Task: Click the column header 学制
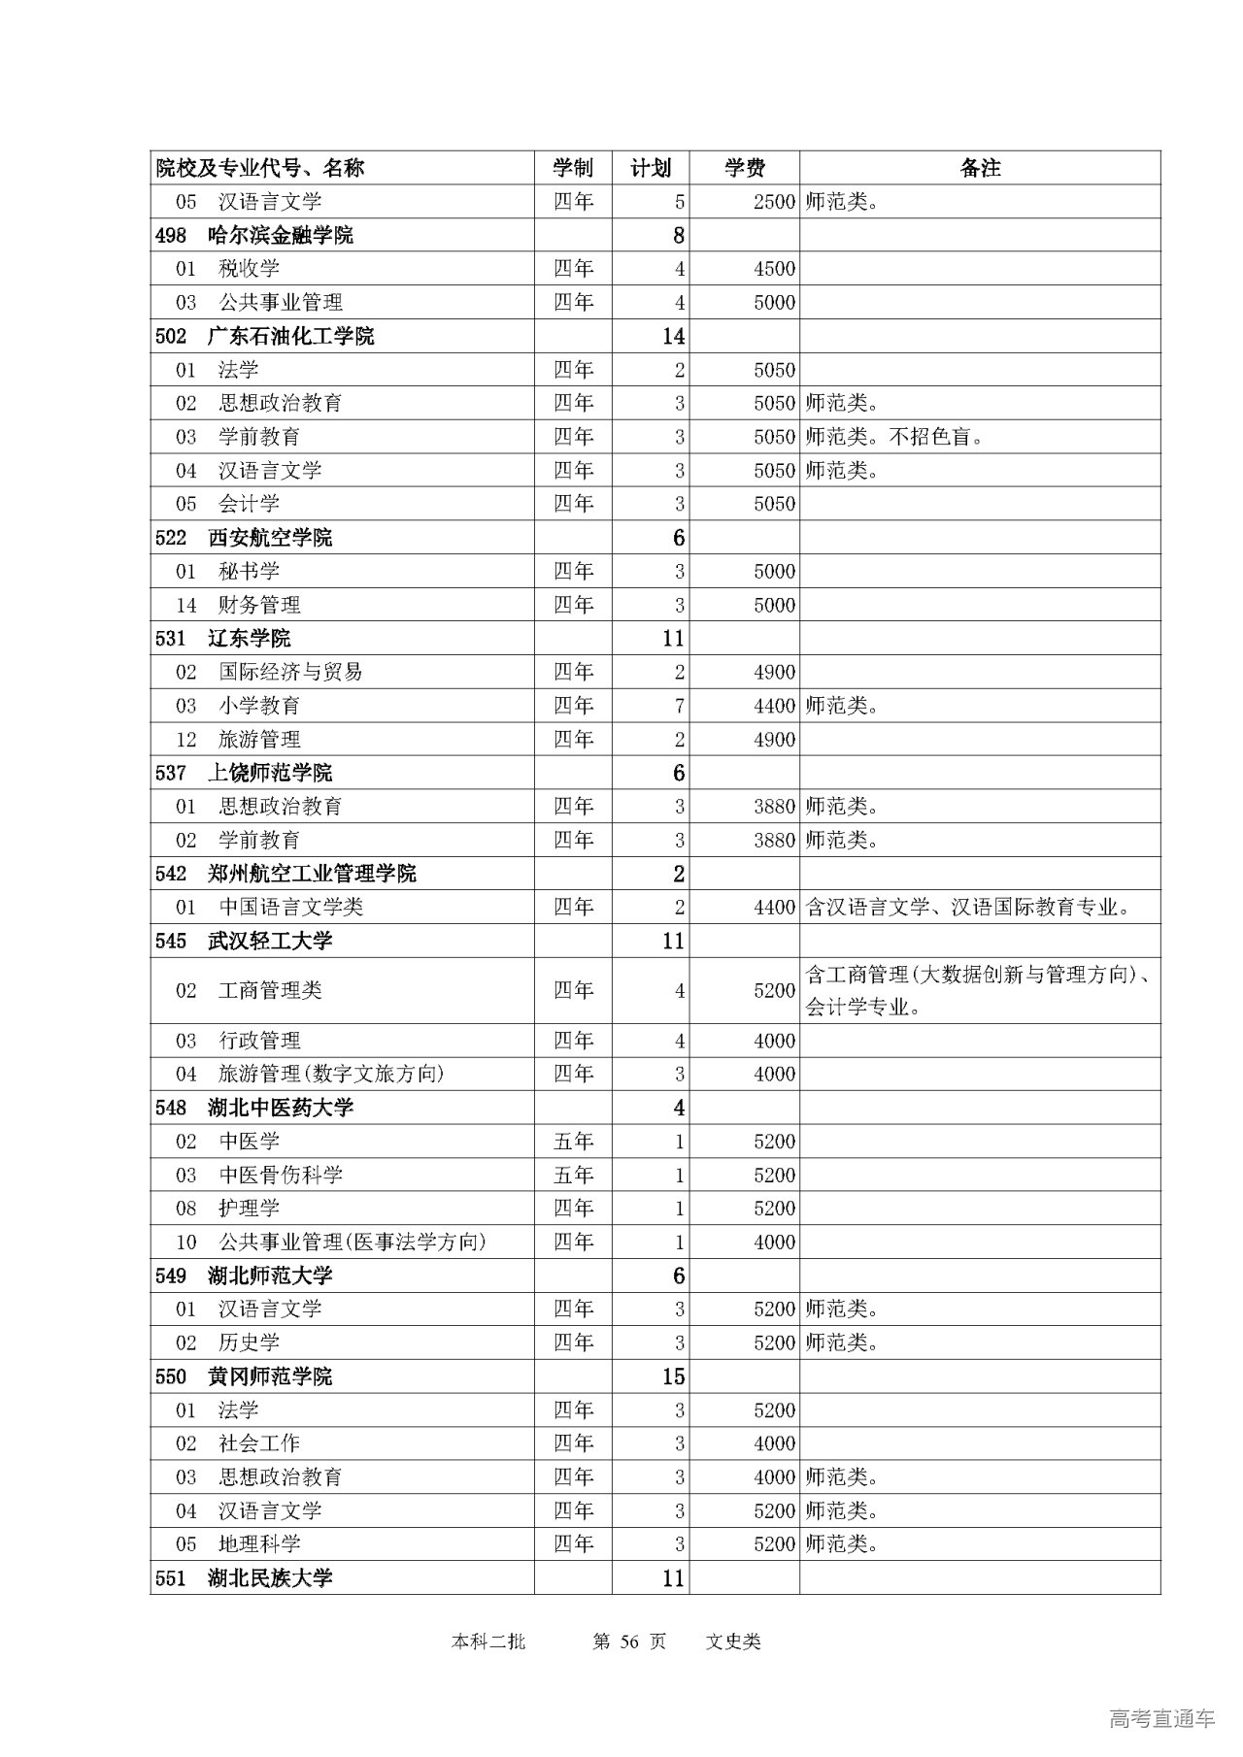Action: pos(573,168)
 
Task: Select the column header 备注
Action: pos(980,168)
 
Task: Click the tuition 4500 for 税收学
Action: pos(774,269)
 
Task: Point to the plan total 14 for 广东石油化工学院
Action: pos(673,336)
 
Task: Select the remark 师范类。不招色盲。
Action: pos(894,437)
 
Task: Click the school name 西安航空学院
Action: pos(269,538)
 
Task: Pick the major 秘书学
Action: pos(249,571)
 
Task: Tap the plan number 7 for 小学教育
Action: pos(679,706)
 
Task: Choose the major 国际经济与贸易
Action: pos(289,672)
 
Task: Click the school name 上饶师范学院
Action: pos(269,773)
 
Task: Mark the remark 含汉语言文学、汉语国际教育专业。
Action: pos(968,908)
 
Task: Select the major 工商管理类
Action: pos(269,990)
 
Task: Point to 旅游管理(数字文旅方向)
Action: pos(330,1074)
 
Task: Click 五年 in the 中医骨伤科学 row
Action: pos(573,1175)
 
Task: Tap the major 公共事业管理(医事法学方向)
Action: pos(352,1242)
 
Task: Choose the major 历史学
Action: pos(249,1343)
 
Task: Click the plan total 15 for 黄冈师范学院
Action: pos(673,1376)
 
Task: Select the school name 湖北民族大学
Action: pos(269,1577)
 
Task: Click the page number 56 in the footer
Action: pos(629,1641)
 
